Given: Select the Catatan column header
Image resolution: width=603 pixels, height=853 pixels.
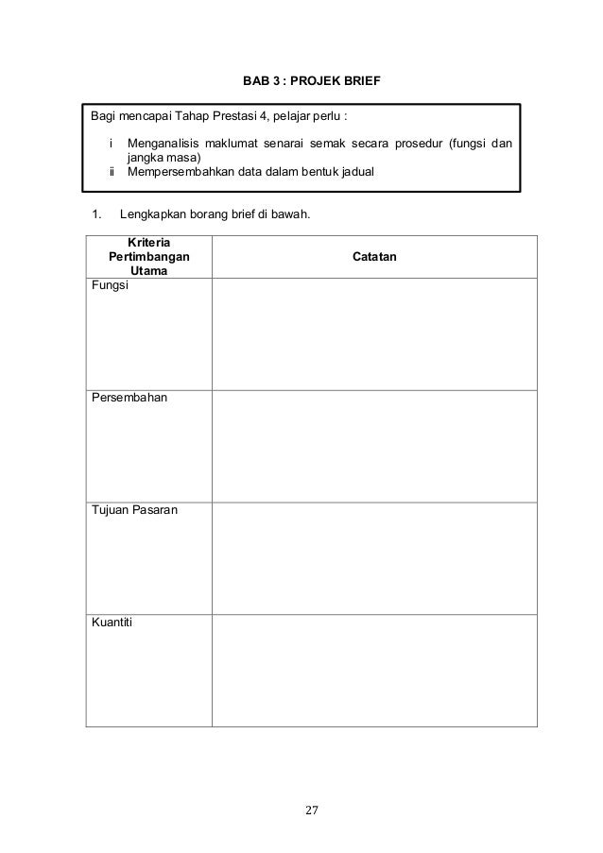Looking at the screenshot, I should (x=374, y=257).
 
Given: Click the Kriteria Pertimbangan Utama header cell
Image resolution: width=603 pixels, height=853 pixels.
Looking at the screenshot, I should (x=148, y=256).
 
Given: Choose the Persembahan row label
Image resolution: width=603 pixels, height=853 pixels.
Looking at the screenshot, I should (x=129, y=399).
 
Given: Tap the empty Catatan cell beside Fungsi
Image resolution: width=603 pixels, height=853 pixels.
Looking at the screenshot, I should (x=374, y=333).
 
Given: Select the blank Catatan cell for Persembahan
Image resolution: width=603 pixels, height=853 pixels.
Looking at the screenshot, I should (x=374, y=446).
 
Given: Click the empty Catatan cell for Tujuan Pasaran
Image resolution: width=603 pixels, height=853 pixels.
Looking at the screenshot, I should (x=374, y=558).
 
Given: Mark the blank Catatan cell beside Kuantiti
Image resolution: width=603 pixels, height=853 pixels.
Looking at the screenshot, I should (x=374, y=671).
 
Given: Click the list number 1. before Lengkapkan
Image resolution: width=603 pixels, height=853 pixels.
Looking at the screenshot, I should (x=95, y=214).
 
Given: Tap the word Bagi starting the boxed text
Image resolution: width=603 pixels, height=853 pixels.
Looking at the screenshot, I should (x=101, y=116).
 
